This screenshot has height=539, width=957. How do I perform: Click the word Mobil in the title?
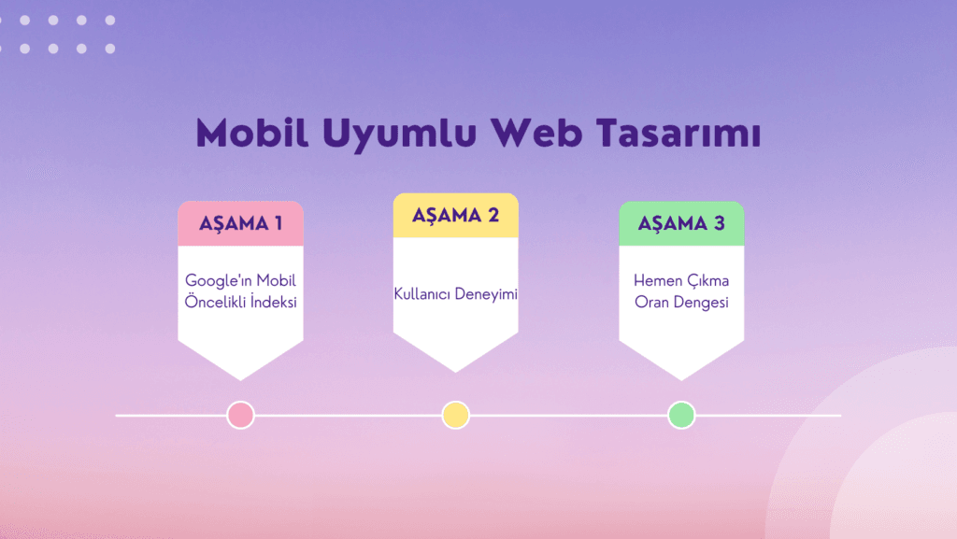pos(252,133)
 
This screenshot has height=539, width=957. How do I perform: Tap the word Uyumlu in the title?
pos(400,135)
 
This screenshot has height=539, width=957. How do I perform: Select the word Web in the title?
pos(537,133)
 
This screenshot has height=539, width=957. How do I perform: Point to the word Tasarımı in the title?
pos(678,133)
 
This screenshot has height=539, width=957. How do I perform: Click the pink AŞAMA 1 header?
pos(240,223)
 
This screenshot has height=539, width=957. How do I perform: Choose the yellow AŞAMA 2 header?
pos(456,215)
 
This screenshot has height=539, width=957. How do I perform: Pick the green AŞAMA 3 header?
pos(681,223)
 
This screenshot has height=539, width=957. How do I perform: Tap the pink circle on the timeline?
pos(240,415)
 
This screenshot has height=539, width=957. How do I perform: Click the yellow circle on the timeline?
pos(456,415)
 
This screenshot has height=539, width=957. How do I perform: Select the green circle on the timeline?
pos(681,415)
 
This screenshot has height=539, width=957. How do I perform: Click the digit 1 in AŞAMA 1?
pos(279,223)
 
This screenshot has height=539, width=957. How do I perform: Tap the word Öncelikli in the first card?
pos(216,301)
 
